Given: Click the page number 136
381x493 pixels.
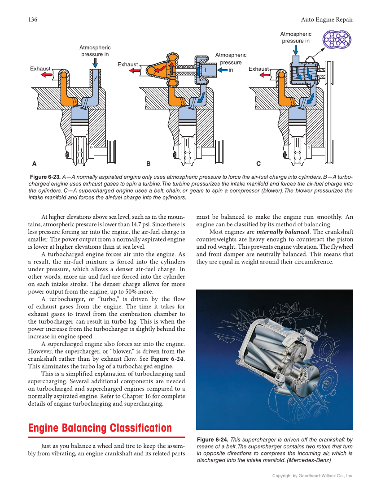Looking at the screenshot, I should coord(32,19).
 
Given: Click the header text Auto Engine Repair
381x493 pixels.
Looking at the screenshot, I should coord(327,19).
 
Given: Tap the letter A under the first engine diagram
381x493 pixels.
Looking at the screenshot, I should coord(34,164).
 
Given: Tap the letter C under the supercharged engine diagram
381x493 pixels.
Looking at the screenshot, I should coord(258,164).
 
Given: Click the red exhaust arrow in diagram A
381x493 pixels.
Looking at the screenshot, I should coord(45,75).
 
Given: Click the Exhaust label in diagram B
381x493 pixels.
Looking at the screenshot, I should coord(127,65).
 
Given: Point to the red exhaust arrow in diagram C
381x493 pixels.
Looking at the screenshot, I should coord(265,75).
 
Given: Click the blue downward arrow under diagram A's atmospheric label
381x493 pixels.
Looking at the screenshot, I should coord(95,64).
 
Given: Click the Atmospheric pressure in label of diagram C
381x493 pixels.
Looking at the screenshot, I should coord(295,37).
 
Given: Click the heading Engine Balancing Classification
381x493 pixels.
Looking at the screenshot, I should coord(100,428).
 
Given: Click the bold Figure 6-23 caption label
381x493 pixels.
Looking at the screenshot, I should coord(45,177).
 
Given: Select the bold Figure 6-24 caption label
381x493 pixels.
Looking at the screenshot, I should coord(213,440).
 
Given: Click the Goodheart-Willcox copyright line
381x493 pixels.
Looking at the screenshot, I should coord(313,476).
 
